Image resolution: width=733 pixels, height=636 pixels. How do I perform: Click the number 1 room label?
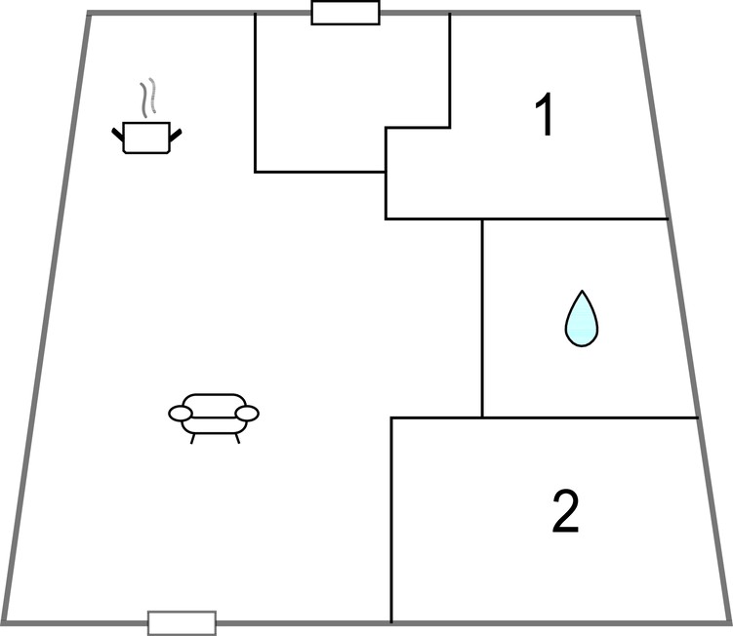[545, 114]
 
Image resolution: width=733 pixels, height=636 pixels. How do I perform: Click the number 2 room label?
[566, 511]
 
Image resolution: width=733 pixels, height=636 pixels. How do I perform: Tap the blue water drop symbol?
[582, 319]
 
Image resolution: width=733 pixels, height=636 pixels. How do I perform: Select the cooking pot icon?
[146, 138]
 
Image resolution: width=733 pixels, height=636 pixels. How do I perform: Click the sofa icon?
[214, 418]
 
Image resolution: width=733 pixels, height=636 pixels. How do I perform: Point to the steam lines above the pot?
[147, 98]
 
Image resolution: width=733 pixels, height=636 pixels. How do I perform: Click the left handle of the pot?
[117, 134]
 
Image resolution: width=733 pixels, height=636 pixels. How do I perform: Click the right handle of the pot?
[176, 135]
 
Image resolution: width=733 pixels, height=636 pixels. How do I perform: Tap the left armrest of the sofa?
[181, 413]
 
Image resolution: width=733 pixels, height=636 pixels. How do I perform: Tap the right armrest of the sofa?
[247, 413]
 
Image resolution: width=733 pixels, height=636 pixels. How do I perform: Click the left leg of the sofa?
[192, 439]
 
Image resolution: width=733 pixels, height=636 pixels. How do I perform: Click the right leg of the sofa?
[237, 438]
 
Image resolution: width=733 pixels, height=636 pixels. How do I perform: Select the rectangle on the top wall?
[346, 13]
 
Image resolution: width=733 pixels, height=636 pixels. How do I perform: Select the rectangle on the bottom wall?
[182, 623]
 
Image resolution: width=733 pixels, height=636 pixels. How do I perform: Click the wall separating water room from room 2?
[545, 417]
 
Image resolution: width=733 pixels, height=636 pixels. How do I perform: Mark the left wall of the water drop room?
[482, 318]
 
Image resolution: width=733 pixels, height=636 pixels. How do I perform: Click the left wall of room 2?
[391, 520]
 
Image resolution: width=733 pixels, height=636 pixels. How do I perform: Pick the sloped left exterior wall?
[47, 318]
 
